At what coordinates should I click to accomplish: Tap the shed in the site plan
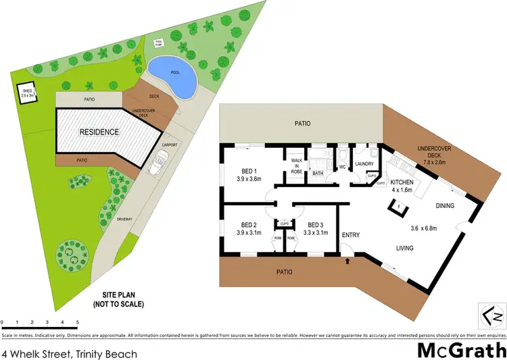(28, 95)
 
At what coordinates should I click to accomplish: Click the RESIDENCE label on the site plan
(99, 132)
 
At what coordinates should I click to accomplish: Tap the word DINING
(445, 206)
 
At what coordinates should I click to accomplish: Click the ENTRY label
(351, 235)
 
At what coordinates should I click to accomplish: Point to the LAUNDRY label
(365, 164)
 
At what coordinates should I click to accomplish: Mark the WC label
(342, 166)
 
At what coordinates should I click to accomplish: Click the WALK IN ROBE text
(295, 165)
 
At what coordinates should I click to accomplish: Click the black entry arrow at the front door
(348, 259)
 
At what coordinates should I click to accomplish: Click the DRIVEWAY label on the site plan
(125, 220)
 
